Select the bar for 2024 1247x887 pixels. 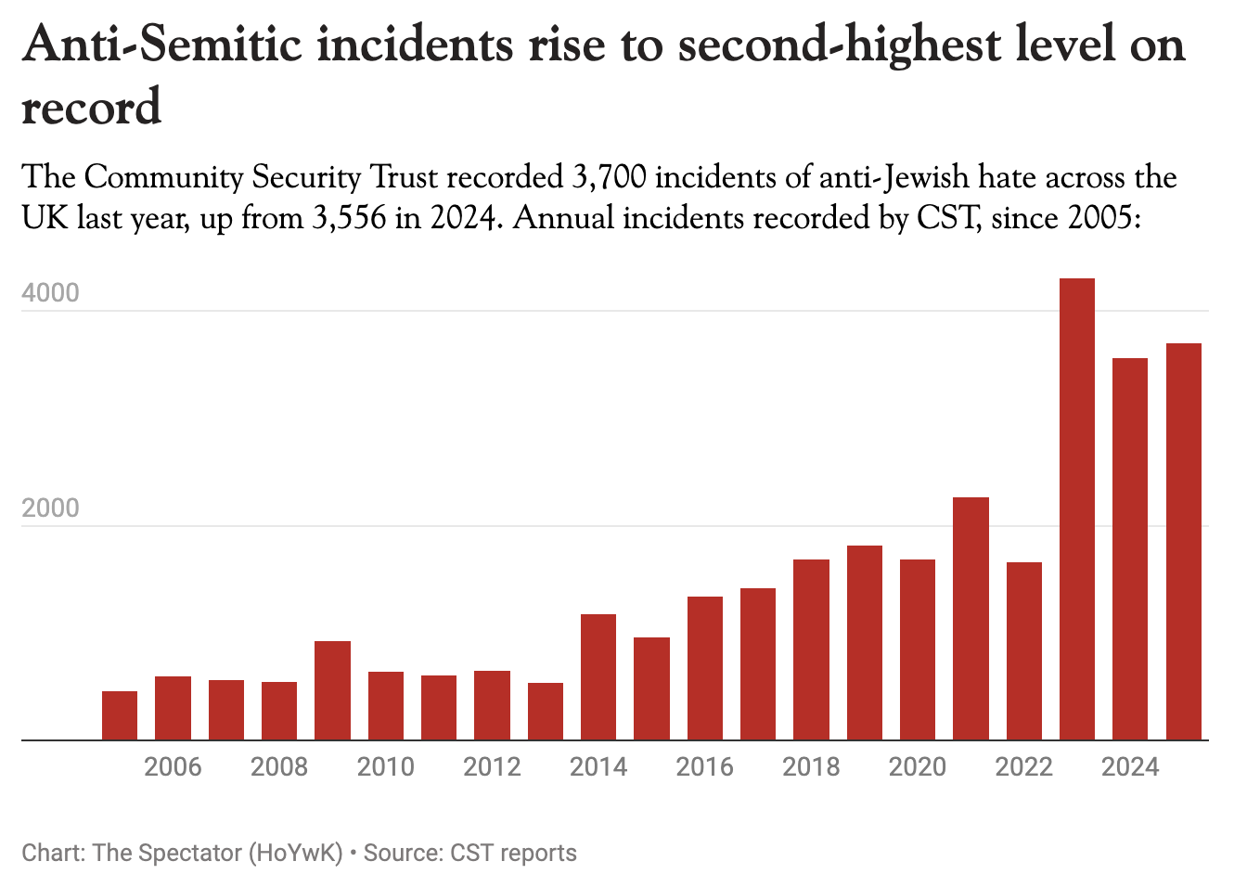[x=1129, y=548]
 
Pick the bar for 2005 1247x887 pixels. [x=120, y=715]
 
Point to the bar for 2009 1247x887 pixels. [x=332, y=690]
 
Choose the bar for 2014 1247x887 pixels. [x=598, y=676]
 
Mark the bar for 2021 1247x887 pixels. [x=971, y=618]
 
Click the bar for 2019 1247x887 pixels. [x=864, y=642]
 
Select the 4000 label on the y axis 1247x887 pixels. [x=51, y=293]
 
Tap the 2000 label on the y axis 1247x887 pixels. [x=51, y=508]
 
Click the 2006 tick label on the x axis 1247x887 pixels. [x=173, y=767]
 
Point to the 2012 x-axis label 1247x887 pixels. [x=492, y=767]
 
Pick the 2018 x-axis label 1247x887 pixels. [x=811, y=767]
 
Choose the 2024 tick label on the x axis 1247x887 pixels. [x=1129, y=767]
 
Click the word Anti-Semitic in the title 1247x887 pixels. [x=162, y=45]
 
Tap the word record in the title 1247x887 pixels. [x=91, y=107]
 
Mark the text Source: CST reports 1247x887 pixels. [x=469, y=853]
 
